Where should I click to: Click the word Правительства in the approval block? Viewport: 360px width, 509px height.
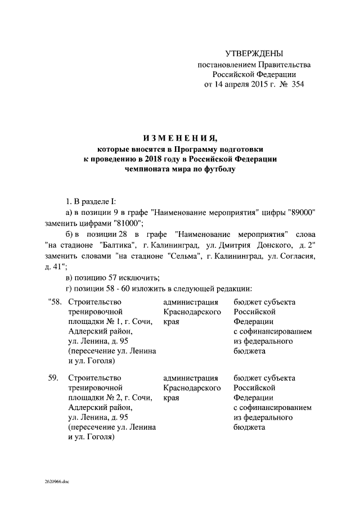pyautogui.click(x=280, y=65)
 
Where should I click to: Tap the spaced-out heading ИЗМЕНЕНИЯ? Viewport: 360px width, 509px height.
pyautogui.click(x=179, y=139)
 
